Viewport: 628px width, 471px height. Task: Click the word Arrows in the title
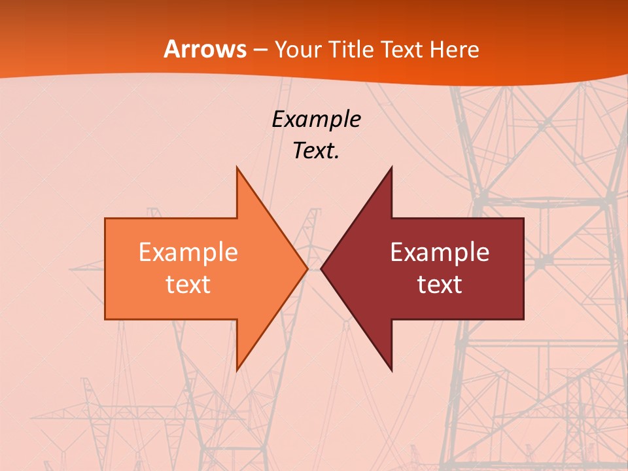[x=205, y=49]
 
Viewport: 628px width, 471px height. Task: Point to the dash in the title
[x=259, y=50]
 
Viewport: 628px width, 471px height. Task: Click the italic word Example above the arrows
[x=316, y=120]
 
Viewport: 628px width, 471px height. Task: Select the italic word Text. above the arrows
[x=316, y=151]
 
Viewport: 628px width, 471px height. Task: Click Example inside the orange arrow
[x=188, y=253]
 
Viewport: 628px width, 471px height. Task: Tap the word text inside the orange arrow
[x=188, y=285]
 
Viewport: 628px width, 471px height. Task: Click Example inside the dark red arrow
[x=440, y=253]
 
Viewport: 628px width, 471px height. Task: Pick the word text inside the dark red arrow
[x=440, y=285]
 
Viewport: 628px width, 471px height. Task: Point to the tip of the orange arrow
[x=307, y=269]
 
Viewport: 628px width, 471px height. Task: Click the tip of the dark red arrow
[x=321, y=269]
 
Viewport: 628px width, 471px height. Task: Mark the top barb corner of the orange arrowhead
[x=237, y=167]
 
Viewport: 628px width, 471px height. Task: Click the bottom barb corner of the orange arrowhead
[x=237, y=370]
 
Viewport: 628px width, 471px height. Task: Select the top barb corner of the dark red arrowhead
[x=391, y=167]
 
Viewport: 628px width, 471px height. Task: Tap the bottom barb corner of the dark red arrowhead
[x=391, y=370]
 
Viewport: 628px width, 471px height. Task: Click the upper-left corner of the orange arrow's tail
[x=105, y=218]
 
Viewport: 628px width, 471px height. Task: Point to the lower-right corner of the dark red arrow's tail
[x=523, y=319]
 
